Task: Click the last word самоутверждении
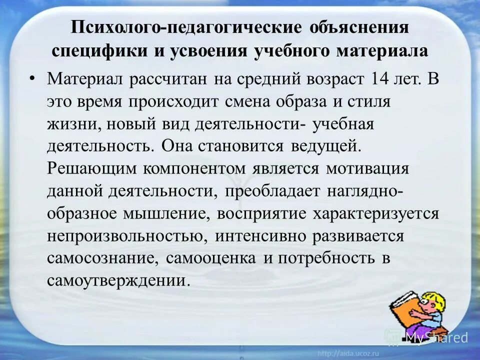point(119,280)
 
